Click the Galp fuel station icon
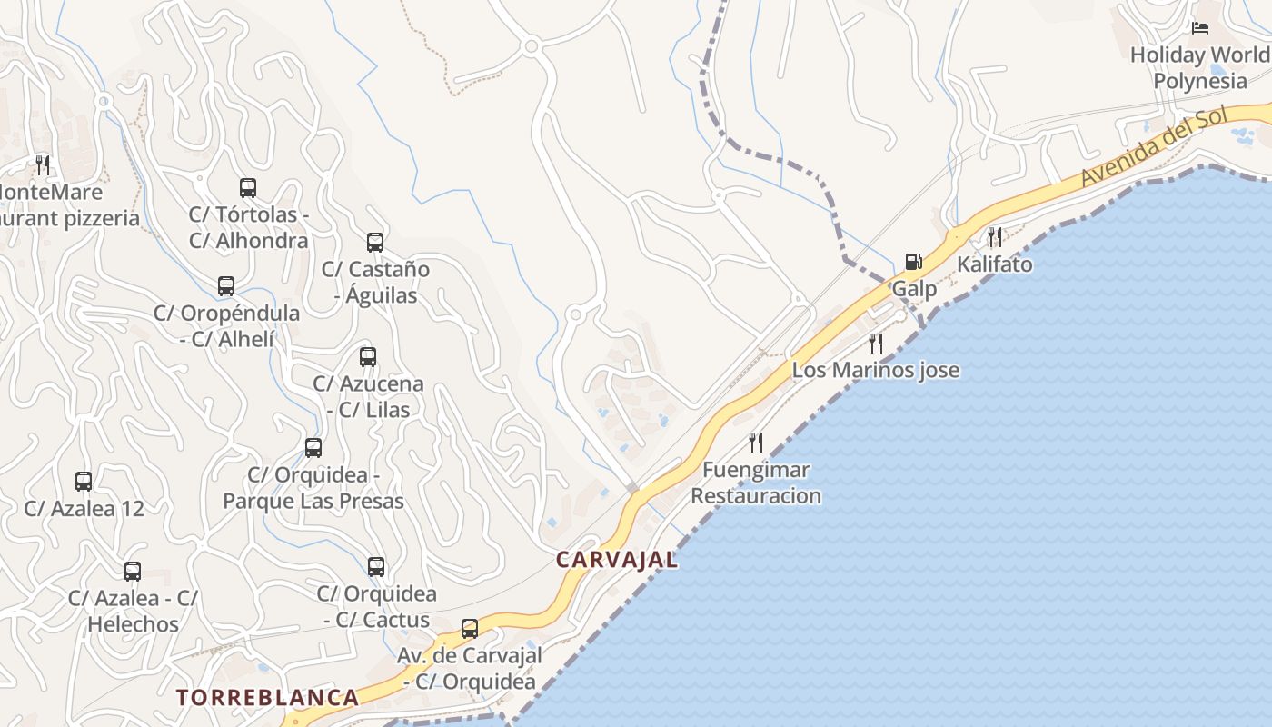[913, 263]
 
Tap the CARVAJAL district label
[617, 560]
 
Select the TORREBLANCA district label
[267, 698]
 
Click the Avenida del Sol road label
[1153, 146]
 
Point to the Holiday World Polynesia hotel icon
[1200, 28]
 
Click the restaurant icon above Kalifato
[995, 237]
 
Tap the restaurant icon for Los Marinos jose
[876, 343]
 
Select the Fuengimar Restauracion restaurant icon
[756, 443]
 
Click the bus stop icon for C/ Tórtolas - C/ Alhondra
[248, 188]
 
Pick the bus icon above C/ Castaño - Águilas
[375, 243]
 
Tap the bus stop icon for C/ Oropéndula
[226, 286]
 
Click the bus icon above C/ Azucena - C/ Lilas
[368, 357]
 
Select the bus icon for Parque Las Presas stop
[313, 448]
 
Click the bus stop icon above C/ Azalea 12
[84, 482]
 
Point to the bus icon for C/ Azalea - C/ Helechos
[133, 572]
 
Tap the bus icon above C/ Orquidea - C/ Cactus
[376, 567]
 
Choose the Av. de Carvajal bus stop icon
[470, 628]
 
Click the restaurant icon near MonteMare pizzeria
[43, 164]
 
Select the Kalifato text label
[995, 264]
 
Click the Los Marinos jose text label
[876, 371]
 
